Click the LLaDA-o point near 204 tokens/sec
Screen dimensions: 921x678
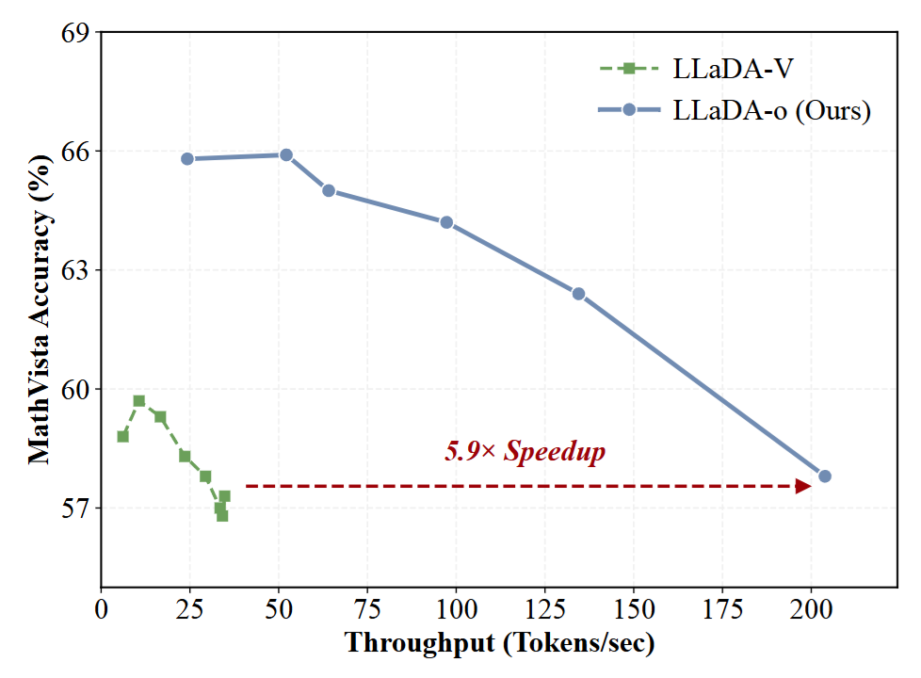tap(825, 476)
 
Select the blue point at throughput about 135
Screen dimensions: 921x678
tap(578, 294)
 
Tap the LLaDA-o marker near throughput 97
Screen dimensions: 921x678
tap(446, 222)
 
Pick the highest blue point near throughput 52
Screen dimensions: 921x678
tap(286, 155)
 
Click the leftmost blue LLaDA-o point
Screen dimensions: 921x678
tap(187, 158)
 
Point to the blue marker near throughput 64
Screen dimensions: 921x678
tap(329, 190)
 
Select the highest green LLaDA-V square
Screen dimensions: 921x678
tap(139, 401)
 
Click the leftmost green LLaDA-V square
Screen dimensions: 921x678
tap(122, 437)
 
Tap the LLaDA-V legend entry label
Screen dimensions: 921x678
tap(733, 69)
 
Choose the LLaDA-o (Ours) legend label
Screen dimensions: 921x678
tap(772, 110)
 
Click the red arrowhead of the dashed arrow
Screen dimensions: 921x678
tap(803, 486)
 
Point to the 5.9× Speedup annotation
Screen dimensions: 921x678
tap(525, 451)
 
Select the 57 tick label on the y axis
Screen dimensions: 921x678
tap(75, 508)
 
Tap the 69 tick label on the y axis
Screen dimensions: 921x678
tap(75, 32)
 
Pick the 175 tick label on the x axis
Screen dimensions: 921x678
tap(722, 609)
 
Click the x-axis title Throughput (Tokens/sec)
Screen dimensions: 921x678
tap(499, 643)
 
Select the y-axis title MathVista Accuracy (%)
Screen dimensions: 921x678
tap(40, 310)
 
